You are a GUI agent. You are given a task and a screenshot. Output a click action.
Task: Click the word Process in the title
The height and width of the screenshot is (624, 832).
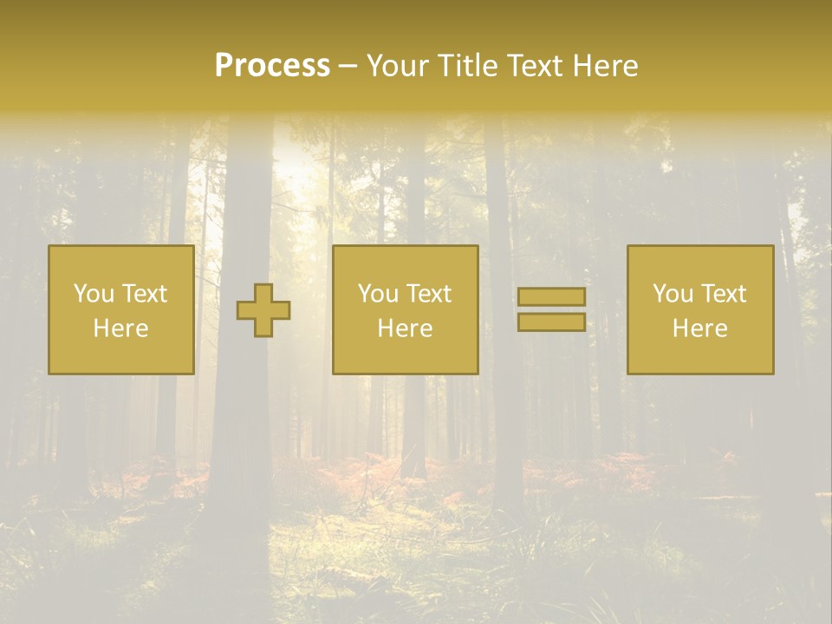[272, 66]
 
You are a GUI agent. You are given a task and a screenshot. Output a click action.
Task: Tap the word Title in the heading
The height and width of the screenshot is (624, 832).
[466, 66]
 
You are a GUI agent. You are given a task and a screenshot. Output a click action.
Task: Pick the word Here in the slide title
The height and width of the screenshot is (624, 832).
[607, 66]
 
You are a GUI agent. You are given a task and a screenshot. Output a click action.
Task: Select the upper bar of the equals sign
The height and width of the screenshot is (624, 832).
[551, 296]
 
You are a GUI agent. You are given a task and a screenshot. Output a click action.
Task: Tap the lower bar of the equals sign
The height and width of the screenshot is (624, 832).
[551, 322]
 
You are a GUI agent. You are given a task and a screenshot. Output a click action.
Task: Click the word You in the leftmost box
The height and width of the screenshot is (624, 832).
[94, 294]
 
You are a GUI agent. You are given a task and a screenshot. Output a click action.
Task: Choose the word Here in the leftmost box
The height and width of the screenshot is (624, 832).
[120, 328]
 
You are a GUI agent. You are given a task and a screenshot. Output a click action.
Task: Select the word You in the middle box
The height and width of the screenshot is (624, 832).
[378, 294]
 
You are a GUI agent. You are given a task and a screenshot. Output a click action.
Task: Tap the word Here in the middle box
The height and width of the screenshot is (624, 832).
[405, 328]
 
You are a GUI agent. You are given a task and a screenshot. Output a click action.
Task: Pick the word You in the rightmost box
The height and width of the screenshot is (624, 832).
[673, 294]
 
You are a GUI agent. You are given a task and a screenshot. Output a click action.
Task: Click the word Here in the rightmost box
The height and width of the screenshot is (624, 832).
[699, 328]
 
